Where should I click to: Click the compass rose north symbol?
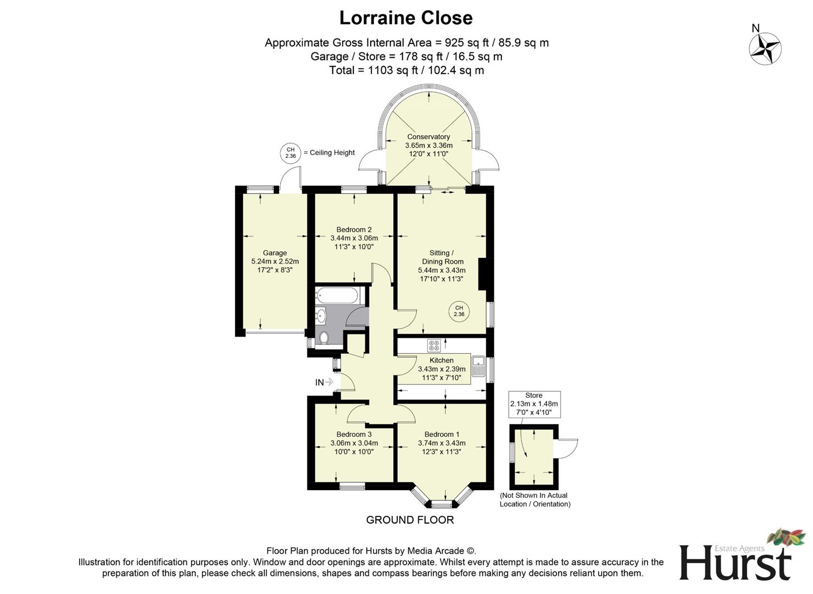click(765, 48)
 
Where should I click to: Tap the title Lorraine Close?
click(406, 18)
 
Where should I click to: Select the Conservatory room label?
click(428, 137)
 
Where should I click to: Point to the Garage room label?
click(275, 253)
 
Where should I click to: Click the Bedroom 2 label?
click(354, 229)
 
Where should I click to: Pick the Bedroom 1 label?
click(442, 435)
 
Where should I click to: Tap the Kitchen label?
click(442, 360)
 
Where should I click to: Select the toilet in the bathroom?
click(324, 337)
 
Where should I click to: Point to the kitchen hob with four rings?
click(434, 345)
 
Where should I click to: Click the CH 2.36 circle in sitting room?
click(459, 311)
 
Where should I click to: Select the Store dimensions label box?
click(534, 404)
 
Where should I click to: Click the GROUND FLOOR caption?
click(410, 520)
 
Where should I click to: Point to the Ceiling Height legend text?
click(332, 153)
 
